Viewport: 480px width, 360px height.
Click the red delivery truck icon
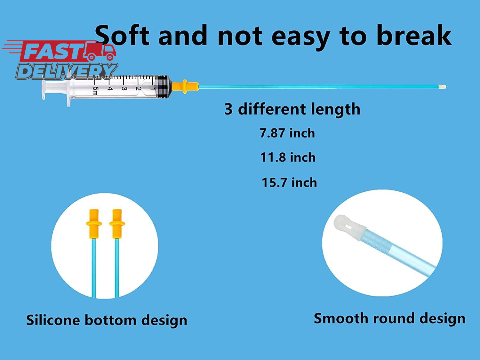100,52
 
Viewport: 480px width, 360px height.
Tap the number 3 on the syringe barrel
124,89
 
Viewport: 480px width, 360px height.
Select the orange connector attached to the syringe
185,86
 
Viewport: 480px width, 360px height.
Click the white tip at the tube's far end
443,87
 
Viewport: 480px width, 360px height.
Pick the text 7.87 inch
287,133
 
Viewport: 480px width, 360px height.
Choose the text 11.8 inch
288,157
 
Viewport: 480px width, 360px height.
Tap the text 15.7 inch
289,182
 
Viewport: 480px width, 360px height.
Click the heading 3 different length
292,109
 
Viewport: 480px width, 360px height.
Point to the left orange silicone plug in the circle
94,224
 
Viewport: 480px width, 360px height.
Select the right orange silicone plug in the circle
117,224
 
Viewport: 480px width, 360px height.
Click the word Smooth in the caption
341,318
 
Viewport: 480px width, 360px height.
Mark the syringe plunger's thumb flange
44,90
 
